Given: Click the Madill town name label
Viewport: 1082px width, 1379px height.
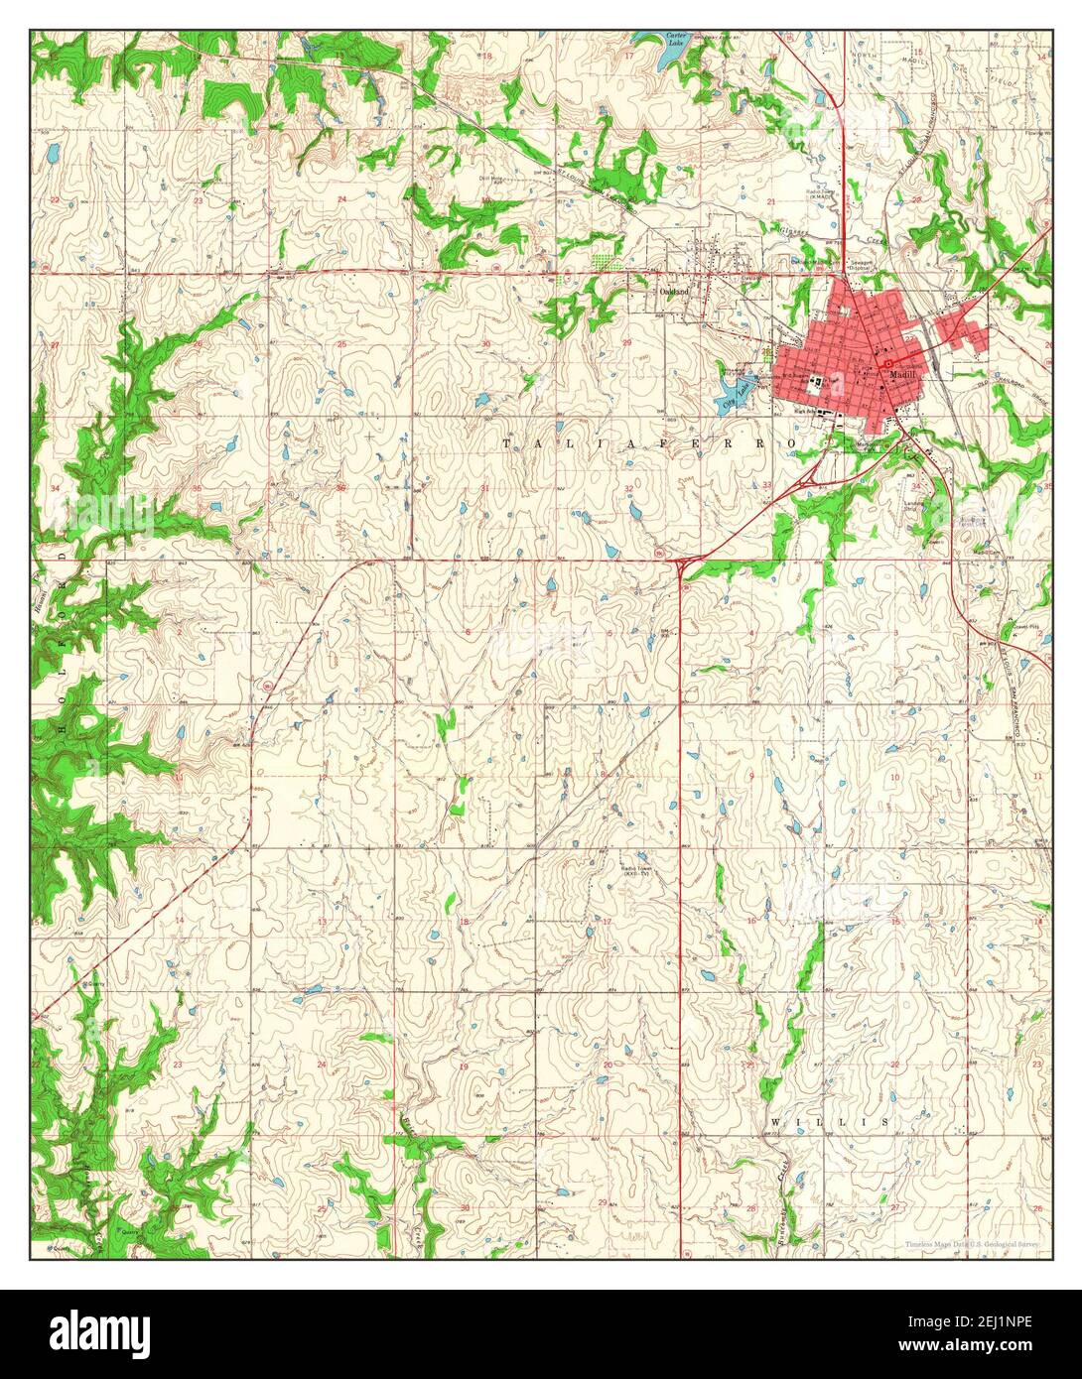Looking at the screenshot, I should tap(903, 376).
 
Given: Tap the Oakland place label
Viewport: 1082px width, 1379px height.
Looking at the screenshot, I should tap(674, 292).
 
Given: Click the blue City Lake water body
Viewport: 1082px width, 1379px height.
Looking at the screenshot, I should tap(733, 403).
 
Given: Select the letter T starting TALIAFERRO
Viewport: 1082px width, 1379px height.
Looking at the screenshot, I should tap(507, 443).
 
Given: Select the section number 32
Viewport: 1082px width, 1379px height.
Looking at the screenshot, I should tap(628, 488).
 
